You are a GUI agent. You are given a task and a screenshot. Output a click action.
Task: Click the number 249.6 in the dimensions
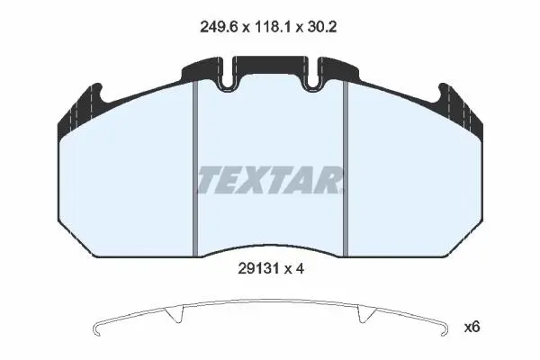(x=219, y=26)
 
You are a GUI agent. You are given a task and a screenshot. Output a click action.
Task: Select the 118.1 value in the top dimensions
(x=273, y=26)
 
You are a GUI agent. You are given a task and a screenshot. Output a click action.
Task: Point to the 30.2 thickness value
(x=321, y=26)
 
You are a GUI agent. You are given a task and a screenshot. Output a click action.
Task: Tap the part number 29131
(x=258, y=269)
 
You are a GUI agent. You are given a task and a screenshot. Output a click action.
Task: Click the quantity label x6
(x=472, y=327)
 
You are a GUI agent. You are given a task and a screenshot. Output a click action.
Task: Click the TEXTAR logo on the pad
(x=271, y=180)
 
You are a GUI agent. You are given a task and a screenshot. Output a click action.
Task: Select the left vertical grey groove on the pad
(x=195, y=169)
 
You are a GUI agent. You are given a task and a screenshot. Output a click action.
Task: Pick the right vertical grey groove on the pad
(x=346, y=169)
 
